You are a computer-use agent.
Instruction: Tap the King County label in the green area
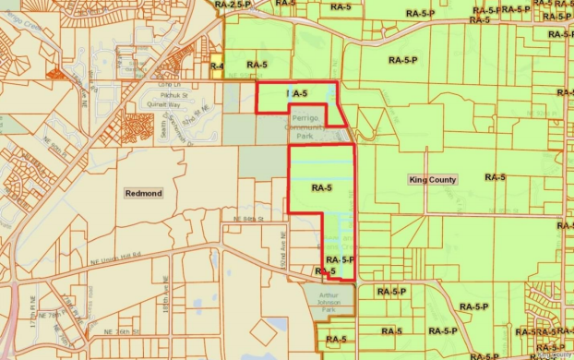pyautogui.click(x=433, y=179)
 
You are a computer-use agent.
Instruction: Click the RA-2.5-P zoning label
pyautogui.click(x=233, y=5)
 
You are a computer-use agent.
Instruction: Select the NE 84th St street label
pyautogui.click(x=248, y=219)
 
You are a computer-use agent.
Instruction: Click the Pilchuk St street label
pyautogui.click(x=173, y=94)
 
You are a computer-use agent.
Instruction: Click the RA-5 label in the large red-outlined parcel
pyautogui.click(x=321, y=188)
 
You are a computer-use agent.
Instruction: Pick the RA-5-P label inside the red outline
pyautogui.click(x=341, y=259)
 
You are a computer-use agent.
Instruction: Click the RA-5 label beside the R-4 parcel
pyautogui.click(x=257, y=65)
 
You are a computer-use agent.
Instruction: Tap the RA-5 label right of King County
pyautogui.click(x=495, y=177)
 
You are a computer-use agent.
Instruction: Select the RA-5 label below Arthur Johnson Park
pyautogui.click(x=336, y=340)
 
